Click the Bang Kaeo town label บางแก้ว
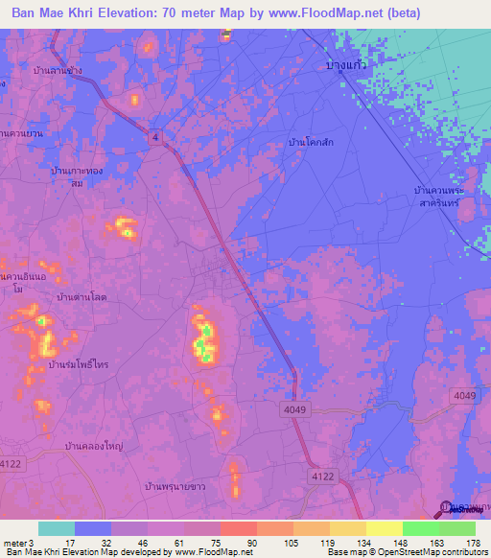click(348, 64)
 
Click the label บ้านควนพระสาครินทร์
click(447, 198)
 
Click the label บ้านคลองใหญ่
click(91, 447)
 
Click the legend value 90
click(251, 542)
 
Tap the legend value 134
click(361, 542)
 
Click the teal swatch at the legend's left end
click(57, 528)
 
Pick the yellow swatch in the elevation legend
click(385, 528)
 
